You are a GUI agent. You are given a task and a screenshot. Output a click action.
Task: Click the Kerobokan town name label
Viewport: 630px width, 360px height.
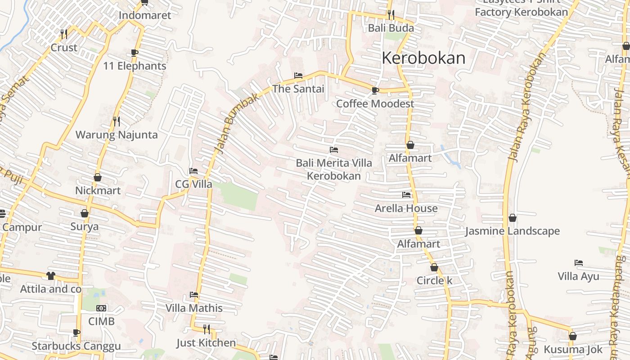pyautogui.click(x=423, y=58)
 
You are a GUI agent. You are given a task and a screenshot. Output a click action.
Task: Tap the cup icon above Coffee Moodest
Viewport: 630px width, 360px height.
pyautogui.click(x=375, y=90)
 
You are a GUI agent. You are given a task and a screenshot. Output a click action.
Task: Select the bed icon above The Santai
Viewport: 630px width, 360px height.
pyautogui.click(x=298, y=76)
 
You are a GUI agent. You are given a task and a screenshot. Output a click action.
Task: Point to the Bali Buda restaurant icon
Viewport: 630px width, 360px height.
pyautogui.click(x=391, y=15)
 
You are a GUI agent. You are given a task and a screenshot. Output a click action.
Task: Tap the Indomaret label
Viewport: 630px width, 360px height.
pyautogui.click(x=145, y=15)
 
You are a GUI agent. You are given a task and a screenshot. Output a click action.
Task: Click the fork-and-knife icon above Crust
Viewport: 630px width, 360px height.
pyautogui.click(x=64, y=34)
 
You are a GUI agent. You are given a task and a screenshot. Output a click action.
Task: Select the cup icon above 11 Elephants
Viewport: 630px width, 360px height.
pyautogui.click(x=134, y=53)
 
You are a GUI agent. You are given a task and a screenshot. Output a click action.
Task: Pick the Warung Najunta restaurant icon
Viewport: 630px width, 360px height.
pyautogui.click(x=117, y=121)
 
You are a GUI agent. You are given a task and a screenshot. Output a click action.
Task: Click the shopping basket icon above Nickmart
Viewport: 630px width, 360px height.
pyautogui.click(x=98, y=177)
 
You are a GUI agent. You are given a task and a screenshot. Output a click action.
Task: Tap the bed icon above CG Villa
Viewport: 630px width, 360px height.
pyautogui.click(x=193, y=171)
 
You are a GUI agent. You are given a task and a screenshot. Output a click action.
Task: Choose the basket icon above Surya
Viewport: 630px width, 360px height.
pyautogui.click(x=84, y=213)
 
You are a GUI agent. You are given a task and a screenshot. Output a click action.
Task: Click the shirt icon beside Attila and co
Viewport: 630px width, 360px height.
pyautogui.click(x=50, y=275)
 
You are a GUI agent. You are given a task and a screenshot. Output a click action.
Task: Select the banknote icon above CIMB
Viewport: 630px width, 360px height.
pyautogui.click(x=101, y=308)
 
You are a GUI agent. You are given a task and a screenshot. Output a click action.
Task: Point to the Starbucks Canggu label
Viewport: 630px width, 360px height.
pyautogui.click(x=76, y=346)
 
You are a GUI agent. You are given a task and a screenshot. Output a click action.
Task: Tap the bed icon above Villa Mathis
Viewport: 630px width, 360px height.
pyautogui.click(x=194, y=295)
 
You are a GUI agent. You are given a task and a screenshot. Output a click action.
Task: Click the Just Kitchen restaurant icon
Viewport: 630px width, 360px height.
pyautogui.click(x=206, y=329)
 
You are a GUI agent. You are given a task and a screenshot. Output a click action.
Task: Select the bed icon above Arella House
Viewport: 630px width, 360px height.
pyautogui.click(x=406, y=195)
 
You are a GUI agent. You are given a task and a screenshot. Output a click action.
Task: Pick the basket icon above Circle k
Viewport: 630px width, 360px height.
pyautogui.click(x=434, y=267)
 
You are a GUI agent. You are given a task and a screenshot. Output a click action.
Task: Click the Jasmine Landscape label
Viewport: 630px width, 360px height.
pyautogui.click(x=513, y=231)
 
